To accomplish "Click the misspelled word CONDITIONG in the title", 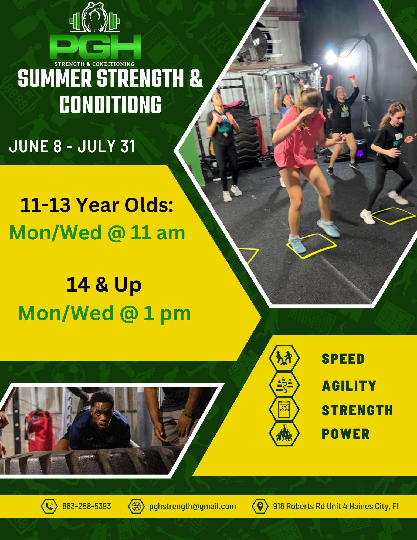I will [110, 104].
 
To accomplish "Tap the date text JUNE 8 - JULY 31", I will [72, 147].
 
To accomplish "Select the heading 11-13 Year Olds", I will [97, 205].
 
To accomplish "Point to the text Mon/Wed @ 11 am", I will [97, 233].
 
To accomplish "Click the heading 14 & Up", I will [104, 285].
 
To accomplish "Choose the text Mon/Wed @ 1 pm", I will [104, 313].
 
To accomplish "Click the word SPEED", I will [343, 359].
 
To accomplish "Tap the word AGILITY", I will [349, 386].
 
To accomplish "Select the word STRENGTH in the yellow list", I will [357, 410].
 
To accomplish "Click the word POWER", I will [345, 434].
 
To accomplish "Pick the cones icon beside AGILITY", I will [284, 384].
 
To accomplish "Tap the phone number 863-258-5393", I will [87, 506].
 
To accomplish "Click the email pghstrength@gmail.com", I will [192, 506].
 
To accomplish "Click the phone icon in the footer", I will [49, 506].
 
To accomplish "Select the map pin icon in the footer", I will [260, 506].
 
